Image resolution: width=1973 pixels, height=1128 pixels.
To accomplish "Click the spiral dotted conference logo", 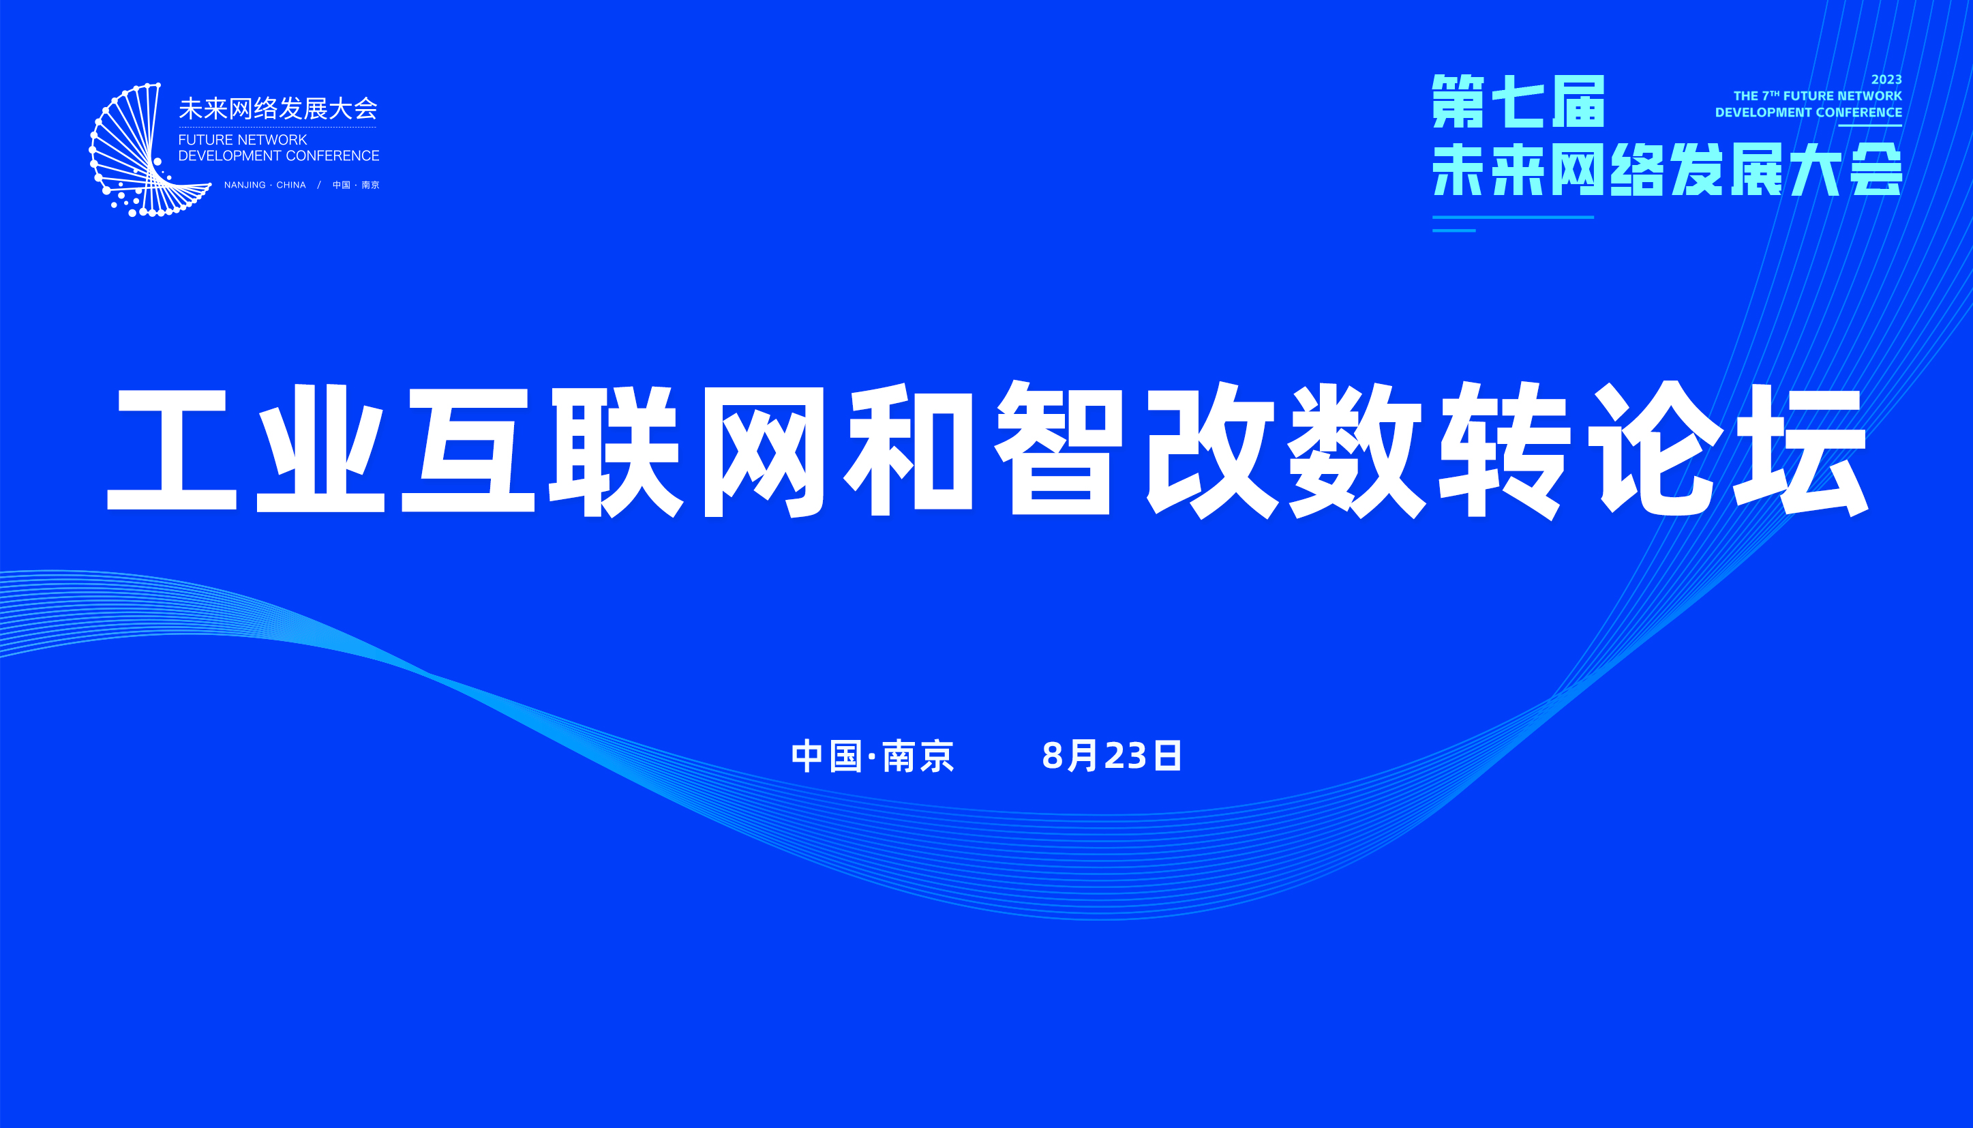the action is tap(147, 150).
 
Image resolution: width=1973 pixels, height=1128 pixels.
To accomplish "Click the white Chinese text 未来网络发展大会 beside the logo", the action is tap(278, 108).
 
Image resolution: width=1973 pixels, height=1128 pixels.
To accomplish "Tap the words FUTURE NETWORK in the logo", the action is tap(243, 139).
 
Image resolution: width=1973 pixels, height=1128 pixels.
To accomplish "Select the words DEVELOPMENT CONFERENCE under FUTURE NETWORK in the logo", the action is tap(279, 155).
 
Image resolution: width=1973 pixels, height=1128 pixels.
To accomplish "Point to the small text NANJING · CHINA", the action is tap(265, 185).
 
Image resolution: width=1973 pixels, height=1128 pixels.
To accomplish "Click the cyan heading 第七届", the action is tap(1518, 102).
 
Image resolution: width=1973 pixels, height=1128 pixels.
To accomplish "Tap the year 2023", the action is tap(1886, 80).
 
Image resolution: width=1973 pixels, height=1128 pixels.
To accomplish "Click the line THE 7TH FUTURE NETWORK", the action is tap(1818, 96).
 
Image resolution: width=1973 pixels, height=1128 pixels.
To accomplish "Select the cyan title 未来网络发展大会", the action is tap(1667, 169).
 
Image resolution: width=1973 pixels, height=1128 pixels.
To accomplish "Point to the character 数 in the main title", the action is tap(1355, 449).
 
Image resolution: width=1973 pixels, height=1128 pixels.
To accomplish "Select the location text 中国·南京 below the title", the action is tap(873, 756).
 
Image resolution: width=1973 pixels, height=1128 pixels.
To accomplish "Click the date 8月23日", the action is tap(1112, 756).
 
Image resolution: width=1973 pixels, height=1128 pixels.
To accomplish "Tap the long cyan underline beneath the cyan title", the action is tap(1513, 218).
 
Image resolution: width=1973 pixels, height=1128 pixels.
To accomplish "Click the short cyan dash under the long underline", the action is tap(1454, 230).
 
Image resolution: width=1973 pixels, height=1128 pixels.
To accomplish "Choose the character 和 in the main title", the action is tap(909, 449).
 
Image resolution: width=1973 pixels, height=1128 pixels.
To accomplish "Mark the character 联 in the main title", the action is tap(616, 450).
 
